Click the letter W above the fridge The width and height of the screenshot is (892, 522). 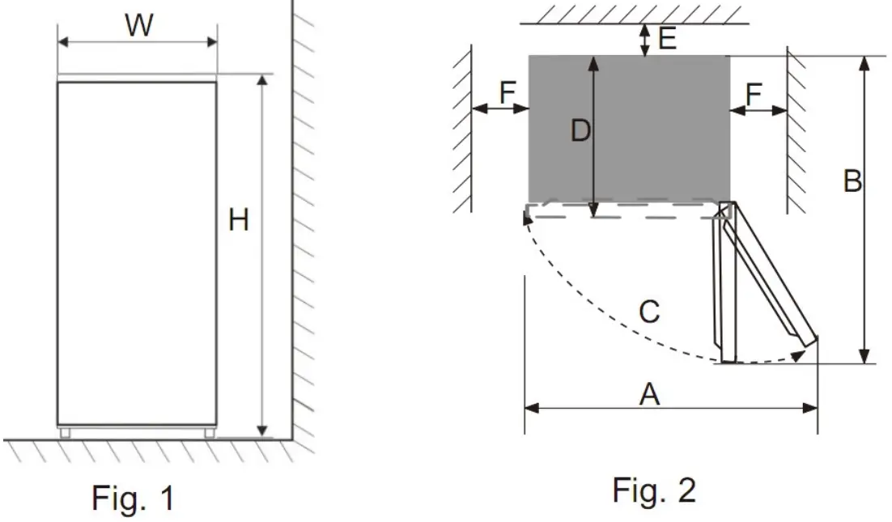pos(138,26)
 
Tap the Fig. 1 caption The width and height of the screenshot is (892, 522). pos(132,496)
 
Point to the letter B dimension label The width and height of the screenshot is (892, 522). pos(852,181)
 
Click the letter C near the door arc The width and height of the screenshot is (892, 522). pos(648,311)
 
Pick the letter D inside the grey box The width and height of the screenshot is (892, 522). pos(580,131)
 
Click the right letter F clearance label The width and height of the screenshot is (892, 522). pos(754,94)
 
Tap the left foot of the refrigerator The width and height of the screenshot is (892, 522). pos(66,432)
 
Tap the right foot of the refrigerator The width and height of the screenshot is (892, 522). pos(209,432)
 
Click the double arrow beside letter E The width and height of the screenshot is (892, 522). pos(644,40)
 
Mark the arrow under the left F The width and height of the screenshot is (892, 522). pos(499,108)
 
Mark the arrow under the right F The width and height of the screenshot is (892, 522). pos(758,109)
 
